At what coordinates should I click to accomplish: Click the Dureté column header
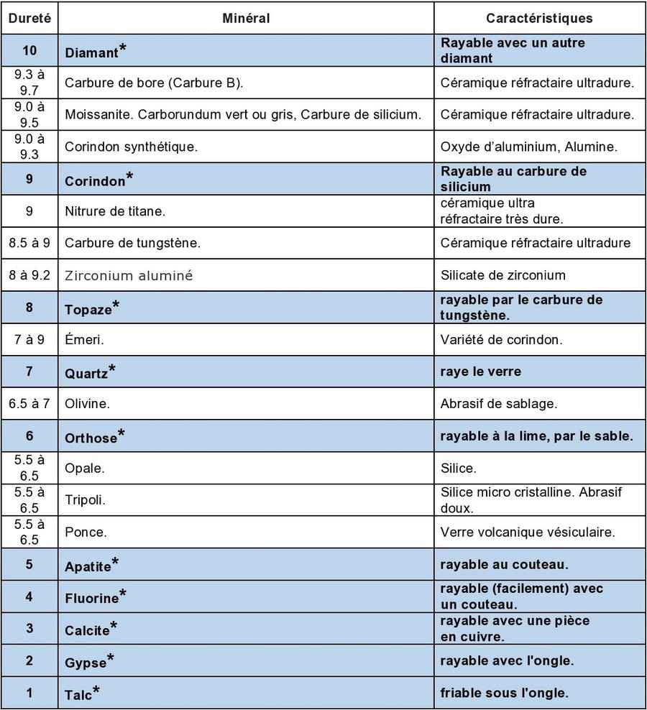coord(29,18)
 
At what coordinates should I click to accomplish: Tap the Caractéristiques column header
coord(539,18)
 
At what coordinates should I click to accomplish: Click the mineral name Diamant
coord(91,52)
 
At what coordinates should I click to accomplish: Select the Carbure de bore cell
coord(154,83)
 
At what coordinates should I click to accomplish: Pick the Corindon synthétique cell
coord(131,147)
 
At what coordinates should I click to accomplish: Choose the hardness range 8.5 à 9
coord(29,243)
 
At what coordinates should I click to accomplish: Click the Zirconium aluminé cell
coord(129,275)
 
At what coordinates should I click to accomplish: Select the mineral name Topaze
coord(88,310)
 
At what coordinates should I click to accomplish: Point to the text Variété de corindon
coord(496,339)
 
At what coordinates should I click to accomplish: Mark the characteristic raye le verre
coord(480,372)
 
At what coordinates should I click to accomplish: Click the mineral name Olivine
coord(87,404)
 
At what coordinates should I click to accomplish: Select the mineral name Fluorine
coord(91,598)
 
